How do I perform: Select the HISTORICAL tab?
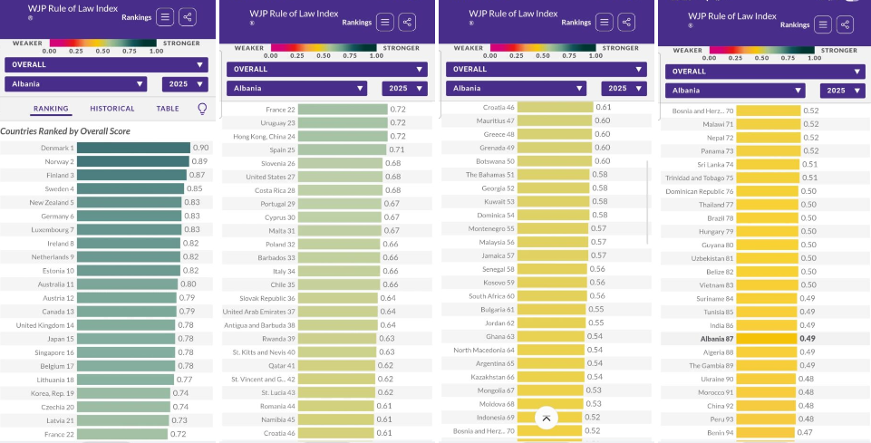(112, 109)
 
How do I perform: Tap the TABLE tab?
(168, 109)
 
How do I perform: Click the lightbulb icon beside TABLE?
(202, 109)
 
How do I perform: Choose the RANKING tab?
(51, 109)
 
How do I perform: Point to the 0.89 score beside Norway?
(199, 160)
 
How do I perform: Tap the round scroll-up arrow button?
(546, 418)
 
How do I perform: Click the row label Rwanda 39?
(272, 339)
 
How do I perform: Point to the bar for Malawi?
(767, 124)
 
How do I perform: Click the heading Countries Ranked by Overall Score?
(65, 131)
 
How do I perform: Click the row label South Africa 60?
(491, 296)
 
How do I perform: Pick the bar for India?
(766, 325)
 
